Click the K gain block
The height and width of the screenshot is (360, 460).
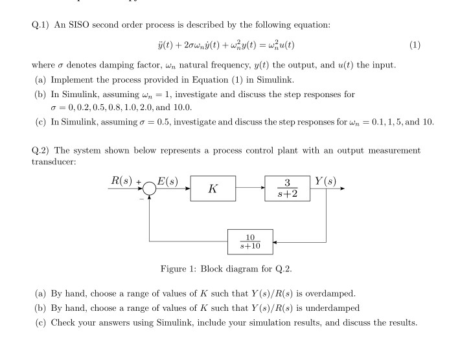(213, 190)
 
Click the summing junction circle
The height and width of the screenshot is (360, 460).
(150, 190)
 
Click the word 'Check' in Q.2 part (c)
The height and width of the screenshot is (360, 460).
(63, 322)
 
